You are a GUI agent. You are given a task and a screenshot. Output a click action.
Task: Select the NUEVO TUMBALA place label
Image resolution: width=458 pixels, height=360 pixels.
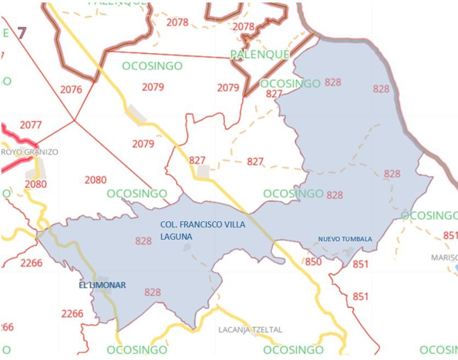pos(345,239)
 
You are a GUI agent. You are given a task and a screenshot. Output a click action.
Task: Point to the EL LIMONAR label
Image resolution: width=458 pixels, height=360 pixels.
pos(102,285)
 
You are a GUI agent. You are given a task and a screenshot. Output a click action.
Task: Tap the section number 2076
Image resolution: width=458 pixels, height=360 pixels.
pos(71,89)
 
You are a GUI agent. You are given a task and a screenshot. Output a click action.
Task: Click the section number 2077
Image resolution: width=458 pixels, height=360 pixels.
pos(31,125)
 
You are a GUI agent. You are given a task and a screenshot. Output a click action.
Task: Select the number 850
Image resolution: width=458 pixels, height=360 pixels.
pos(313,262)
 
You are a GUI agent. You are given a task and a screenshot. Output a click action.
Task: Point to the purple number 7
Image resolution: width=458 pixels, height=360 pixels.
pos(22,33)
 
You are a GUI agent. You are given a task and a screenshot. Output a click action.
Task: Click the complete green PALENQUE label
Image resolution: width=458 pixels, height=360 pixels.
pos(260,55)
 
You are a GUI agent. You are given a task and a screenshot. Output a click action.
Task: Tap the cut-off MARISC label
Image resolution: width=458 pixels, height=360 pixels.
pos(444,257)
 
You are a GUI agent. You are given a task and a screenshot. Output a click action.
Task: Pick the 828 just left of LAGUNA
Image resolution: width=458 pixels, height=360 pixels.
pos(143,241)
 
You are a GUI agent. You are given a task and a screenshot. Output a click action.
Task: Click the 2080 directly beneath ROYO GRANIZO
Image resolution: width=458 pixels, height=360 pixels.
pos(35,184)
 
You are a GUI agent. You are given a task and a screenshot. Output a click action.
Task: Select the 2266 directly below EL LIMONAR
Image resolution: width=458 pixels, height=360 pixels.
pos(72,314)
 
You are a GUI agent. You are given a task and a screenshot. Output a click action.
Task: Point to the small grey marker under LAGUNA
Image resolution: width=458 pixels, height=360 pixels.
pos(187,247)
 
